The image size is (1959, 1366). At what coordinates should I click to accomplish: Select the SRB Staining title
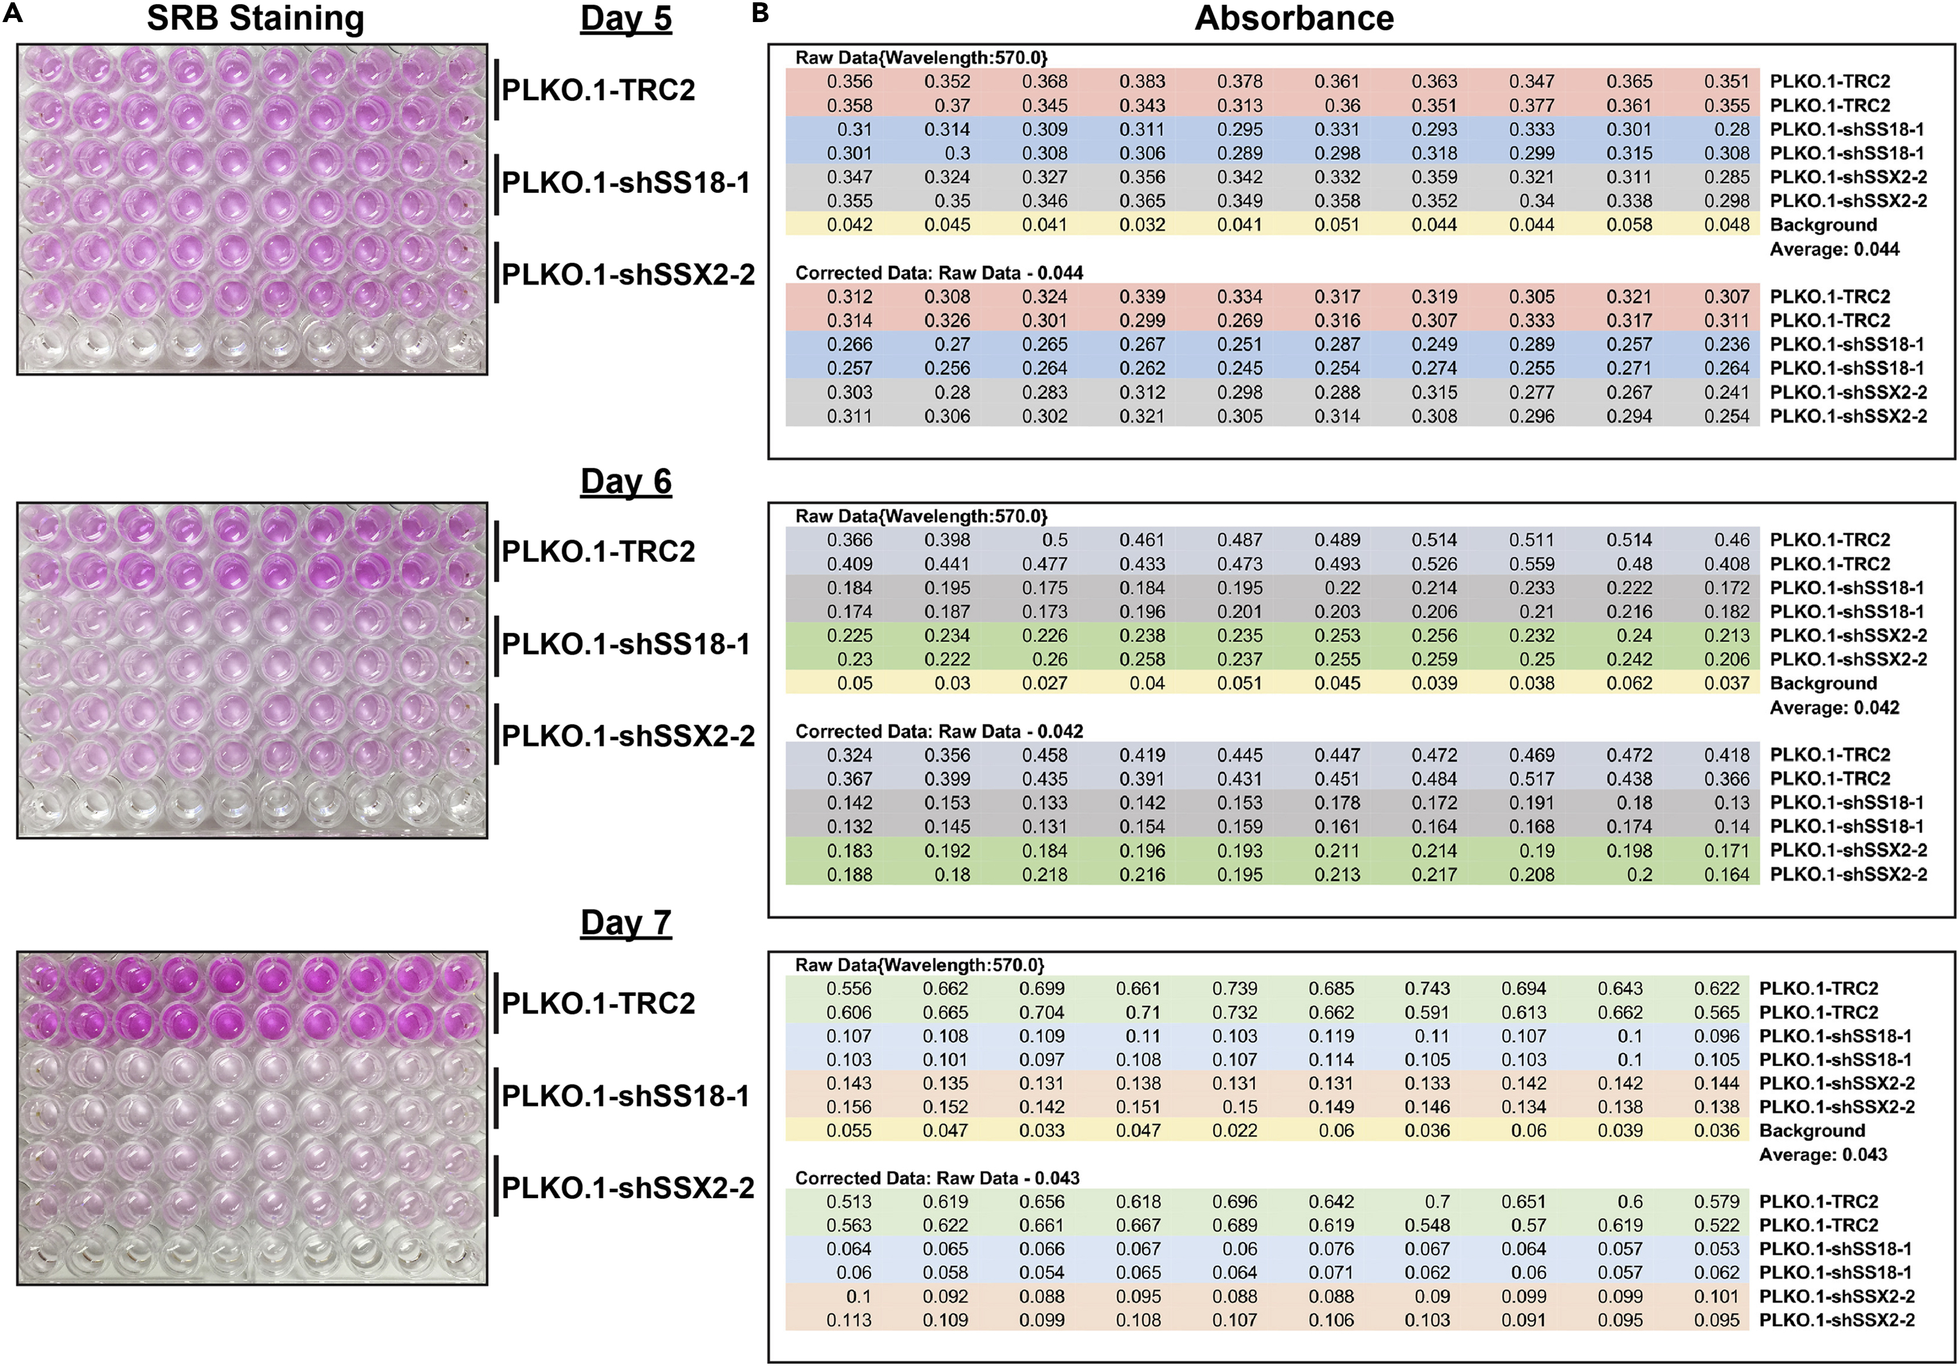(x=255, y=18)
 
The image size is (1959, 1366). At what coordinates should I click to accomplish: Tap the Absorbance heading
(x=1294, y=18)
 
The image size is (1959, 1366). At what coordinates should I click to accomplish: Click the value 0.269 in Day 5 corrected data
(x=1239, y=320)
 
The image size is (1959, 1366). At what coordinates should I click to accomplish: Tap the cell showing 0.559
(x=1531, y=563)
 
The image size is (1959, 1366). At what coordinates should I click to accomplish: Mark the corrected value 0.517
(x=1531, y=778)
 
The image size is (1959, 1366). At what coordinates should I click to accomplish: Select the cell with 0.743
(x=1427, y=988)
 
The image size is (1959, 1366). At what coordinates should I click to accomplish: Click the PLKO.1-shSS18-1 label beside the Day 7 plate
(x=625, y=1095)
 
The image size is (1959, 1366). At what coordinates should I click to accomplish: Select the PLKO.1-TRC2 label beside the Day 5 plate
(x=597, y=89)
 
